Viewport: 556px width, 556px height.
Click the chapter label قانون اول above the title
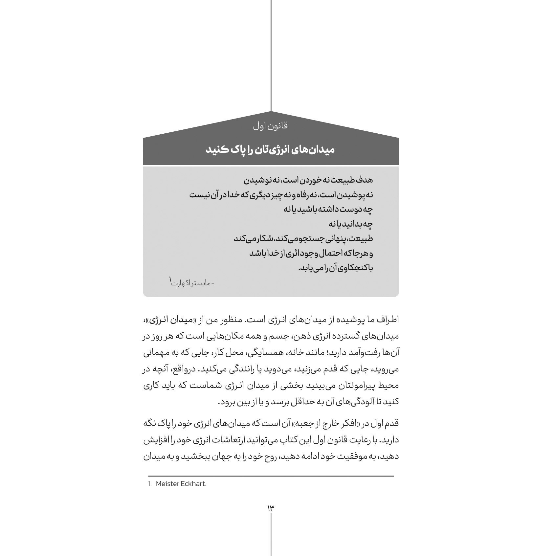click(271, 126)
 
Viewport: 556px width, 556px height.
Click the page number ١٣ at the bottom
click(271, 508)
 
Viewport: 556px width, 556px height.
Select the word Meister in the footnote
click(167, 484)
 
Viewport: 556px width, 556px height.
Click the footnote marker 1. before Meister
click(150, 484)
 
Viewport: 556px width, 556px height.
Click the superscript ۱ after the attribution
click(170, 279)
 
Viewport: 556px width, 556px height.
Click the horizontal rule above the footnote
click(271, 476)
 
